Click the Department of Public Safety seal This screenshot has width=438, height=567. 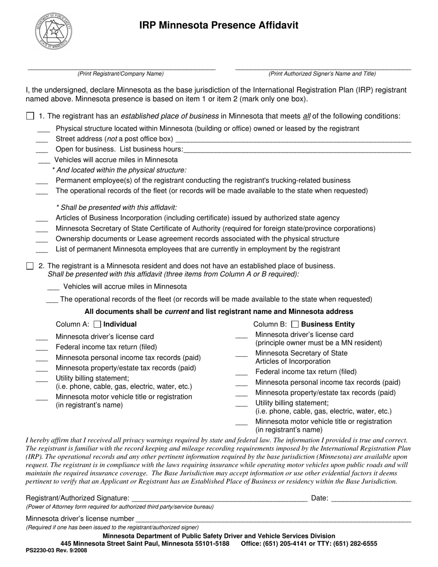tap(53, 31)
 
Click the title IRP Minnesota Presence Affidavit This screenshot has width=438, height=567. tap(219, 25)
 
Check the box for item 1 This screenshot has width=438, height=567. tap(30, 116)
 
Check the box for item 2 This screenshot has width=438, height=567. tap(30, 266)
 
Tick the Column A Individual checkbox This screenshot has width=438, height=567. tap(97, 324)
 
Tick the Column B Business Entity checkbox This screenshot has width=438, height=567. tap(295, 324)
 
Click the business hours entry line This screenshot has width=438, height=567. tap(297, 149)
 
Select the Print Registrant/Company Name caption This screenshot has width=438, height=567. tap(120, 74)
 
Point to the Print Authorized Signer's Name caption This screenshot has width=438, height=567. tap(322, 74)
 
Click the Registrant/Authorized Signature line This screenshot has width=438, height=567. tap(219, 498)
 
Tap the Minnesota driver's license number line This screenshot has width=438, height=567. tap(273, 519)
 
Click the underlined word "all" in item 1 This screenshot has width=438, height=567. tap(307, 116)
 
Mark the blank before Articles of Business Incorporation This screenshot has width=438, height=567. tap(41, 219)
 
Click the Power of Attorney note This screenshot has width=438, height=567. tap(120, 507)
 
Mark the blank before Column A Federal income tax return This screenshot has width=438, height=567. tap(41, 348)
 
